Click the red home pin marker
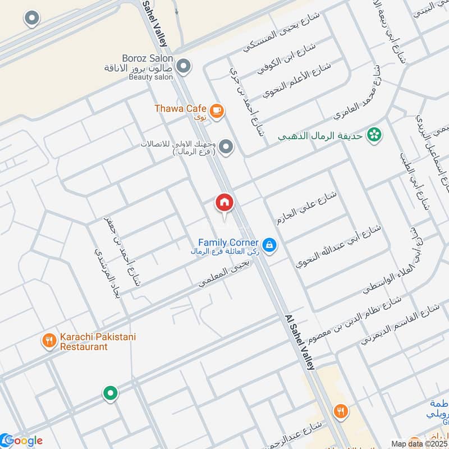tap(224, 203)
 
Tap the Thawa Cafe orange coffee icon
tap(217, 111)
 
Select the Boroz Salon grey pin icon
tap(182, 68)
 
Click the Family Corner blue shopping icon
tap(269, 245)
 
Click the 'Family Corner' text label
tap(228, 242)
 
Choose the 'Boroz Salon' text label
tap(147, 58)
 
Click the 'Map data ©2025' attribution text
tap(419, 443)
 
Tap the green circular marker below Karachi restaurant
tap(111, 393)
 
